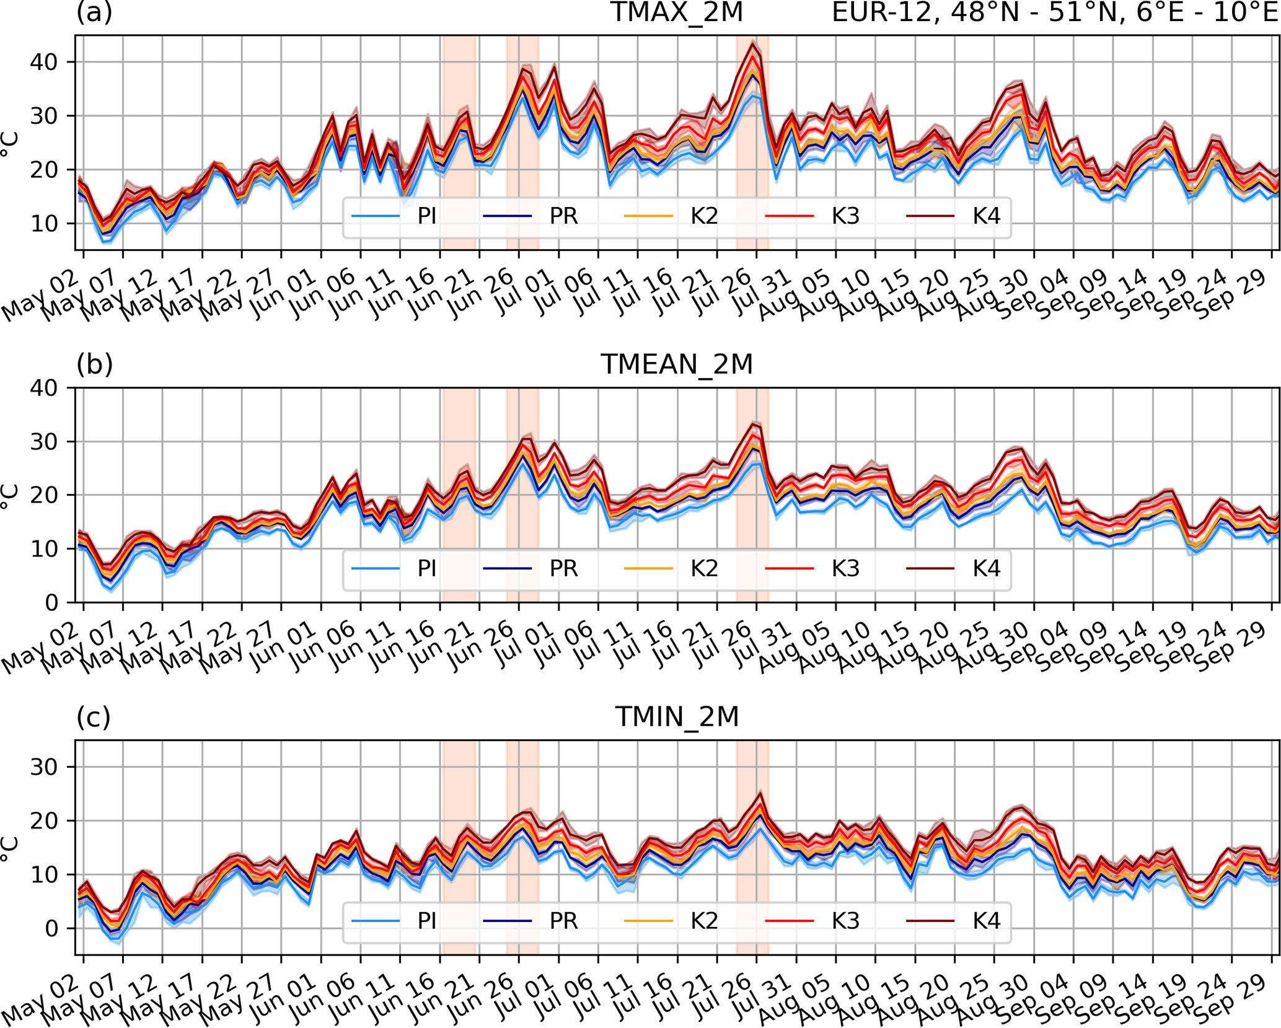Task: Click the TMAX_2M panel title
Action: tap(676, 12)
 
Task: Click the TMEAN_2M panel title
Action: tap(676, 364)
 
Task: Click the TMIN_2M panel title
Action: tap(676, 717)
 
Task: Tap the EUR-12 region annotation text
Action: tap(1054, 12)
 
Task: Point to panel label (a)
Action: tap(94, 12)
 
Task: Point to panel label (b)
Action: tap(94, 364)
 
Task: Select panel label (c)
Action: tap(94, 717)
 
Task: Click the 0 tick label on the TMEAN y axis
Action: tap(52, 602)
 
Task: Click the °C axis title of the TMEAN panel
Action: tap(9, 496)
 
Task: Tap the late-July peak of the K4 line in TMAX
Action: tap(752, 43)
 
